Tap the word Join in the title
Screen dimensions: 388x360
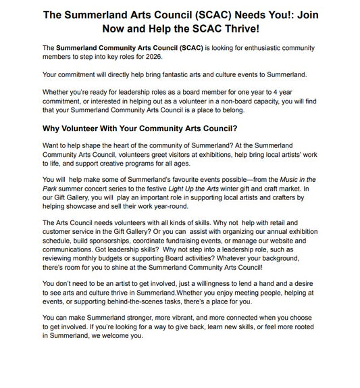pos(326,14)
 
